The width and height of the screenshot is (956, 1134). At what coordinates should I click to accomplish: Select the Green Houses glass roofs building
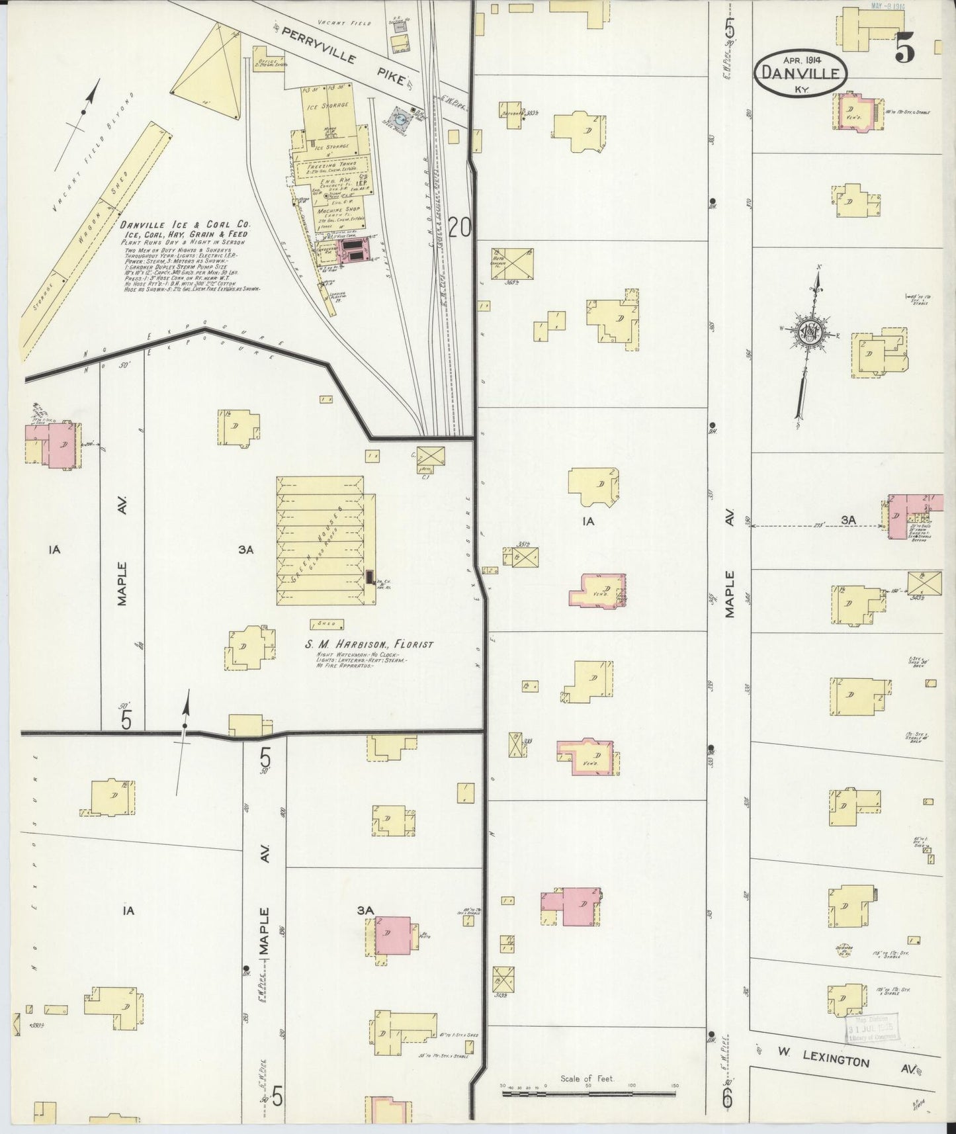[x=320, y=541]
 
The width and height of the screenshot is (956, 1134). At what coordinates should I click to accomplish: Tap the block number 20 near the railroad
[x=459, y=228]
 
